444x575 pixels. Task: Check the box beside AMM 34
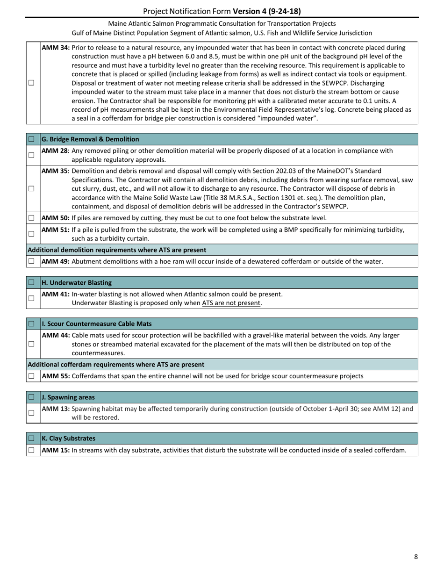click(x=31, y=83)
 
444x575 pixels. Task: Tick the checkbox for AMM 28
click(x=31, y=155)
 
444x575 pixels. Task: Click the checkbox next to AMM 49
click(x=31, y=261)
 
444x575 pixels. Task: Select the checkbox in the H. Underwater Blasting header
click(x=31, y=283)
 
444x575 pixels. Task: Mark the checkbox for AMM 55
click(x=31, y=376)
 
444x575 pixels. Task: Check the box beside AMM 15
click(x=31, y=450)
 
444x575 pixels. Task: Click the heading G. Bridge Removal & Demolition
click(x=90, y=139)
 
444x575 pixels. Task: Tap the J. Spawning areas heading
click(x=68, y=397)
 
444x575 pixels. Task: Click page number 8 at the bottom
click(x=416, y=556)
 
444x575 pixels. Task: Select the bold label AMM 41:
click(x=56, y=294)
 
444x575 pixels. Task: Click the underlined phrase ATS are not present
click(x=231, y=303)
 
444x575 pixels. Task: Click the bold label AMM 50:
click(x=56, y=218)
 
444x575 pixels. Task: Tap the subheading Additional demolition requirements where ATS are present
click(x=117, y=250)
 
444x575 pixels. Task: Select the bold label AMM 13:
click(x=56, y=409)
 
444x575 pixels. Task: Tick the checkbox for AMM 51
click(x=31, y=234)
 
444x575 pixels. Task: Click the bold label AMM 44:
click(x=56, y=335)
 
